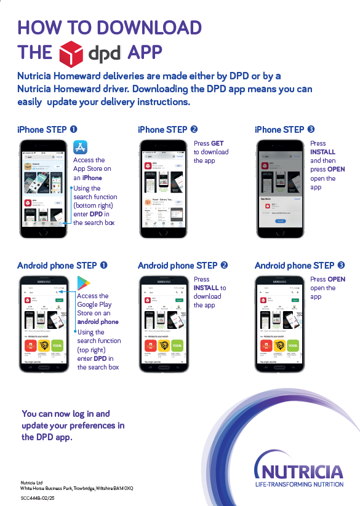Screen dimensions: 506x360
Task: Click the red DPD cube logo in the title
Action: (x=71, y=53)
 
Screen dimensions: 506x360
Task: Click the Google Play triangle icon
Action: (x=83, y=283)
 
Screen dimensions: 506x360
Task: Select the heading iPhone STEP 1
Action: (x=47, y=130)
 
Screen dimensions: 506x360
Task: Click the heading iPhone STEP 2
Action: (x=167, y=130)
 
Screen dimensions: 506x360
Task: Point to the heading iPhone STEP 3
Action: (x=284, y=130)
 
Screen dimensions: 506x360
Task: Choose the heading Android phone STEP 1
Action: (x=62, y=266)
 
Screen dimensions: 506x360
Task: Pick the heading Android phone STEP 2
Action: (x=183, y=266)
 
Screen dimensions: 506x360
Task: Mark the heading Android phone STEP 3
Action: (x=300, y=266)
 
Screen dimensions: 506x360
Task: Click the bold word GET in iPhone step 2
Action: (x=217, y=143)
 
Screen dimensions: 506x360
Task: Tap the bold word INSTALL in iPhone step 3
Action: (x=323, y=152)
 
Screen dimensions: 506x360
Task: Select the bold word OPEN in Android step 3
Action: (x=336, y=279)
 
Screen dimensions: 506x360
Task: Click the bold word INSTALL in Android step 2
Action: (x=207, y=288)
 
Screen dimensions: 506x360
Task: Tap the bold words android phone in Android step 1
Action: (x=98, y=322)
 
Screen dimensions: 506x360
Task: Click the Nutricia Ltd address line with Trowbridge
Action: (x=77, y=488)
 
